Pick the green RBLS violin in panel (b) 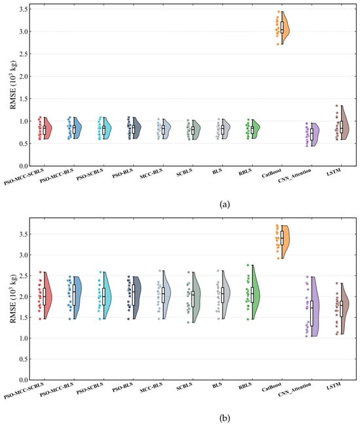(x=256, y=293)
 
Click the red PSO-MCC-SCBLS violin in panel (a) (x=48, y=128)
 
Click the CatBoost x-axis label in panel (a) (x=272, y=173)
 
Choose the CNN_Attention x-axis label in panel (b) (x=295, y=389)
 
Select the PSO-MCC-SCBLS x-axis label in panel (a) (x=24, y=177)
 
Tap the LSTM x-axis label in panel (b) (x=334, y=386)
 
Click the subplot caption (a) (x=225, y=204)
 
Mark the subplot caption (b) (x=225, y=418)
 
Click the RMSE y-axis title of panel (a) (x=13, y=85)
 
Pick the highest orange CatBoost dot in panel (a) (x=279, y=12)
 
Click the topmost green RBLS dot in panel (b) (x=248, y=265)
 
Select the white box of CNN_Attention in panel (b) (x=312, y=313)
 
